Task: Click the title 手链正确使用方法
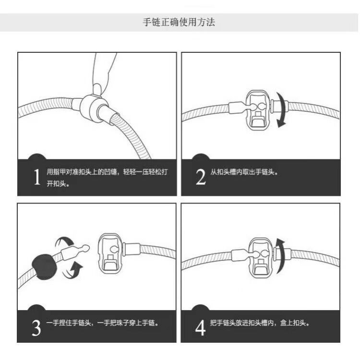(179, 22)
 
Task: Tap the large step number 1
(37, 177)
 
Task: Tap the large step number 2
(201, 177)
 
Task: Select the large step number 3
(36, 328)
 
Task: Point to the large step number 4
(201, 328)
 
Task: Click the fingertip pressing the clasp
(97, 89)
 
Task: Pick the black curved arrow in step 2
(281, 110)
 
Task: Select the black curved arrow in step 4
(281, 255)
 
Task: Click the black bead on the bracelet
(44, 267)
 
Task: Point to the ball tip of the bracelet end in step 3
(85, 248)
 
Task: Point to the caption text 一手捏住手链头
(69, 323)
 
